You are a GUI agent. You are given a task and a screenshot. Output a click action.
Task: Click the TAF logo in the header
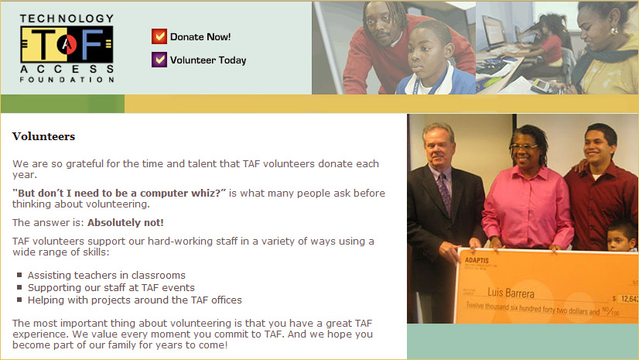tap(67, 48)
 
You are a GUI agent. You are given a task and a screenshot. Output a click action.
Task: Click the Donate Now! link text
tap(200, 36)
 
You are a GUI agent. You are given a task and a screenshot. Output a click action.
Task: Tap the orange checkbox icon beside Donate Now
tap(159, 36)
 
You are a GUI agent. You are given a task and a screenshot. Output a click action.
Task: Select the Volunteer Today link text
tap(208, 60)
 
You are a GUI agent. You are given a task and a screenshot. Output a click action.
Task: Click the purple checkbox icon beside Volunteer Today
tap(159, 60)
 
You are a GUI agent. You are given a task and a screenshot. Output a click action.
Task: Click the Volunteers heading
tap(43, 136)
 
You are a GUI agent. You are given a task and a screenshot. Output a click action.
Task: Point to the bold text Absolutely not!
tap(125, 222)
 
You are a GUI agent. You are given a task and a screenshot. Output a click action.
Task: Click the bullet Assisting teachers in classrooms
tap(106, 275)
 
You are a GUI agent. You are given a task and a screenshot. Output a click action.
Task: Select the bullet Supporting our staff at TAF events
tap(111, 287)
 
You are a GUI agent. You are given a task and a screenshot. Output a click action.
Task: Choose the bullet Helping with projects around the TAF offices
tap(135, 300)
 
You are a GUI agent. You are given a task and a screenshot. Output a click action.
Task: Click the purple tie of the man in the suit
tap(444, 193)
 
